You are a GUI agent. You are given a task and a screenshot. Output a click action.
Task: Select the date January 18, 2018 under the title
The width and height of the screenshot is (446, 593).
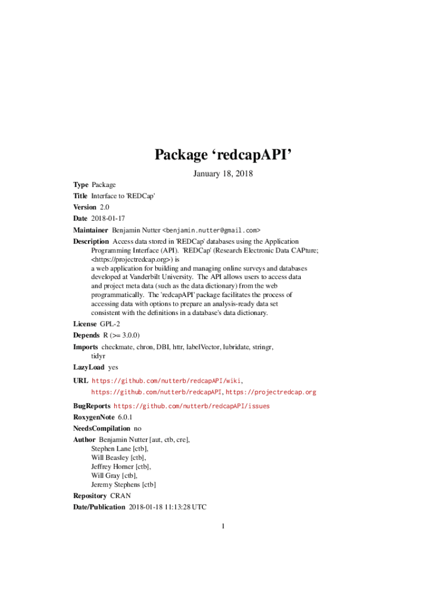(x=223, y=173)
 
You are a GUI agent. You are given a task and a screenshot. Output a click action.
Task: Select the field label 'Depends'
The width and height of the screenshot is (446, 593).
(x=86, y=335)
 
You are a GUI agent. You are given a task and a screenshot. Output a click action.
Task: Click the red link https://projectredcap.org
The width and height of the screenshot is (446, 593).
(x=270, y=392)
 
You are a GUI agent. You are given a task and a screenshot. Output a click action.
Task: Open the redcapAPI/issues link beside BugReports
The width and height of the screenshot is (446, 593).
(x=191, y=406)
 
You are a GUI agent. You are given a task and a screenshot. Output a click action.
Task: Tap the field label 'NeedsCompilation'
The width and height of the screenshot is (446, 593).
(x=101, y=429)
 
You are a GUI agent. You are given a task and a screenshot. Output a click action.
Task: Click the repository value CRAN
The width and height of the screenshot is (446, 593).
(x=120, y=496)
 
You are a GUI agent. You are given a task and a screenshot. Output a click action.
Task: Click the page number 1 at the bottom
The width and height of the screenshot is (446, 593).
(x=222, y=526)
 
